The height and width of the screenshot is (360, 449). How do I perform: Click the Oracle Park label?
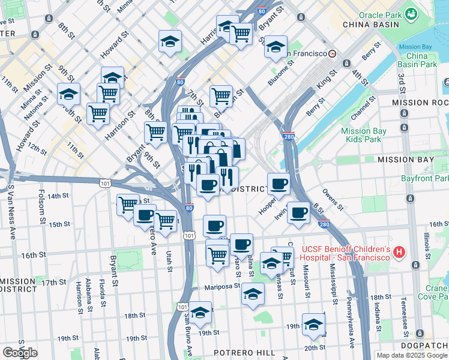[381, 14]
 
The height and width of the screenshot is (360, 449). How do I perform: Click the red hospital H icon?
[399, 253]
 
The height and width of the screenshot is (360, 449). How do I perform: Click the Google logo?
[20, 353]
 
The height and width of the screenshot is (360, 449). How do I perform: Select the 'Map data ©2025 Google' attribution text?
[412, 355]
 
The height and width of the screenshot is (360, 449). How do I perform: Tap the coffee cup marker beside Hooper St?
[278, 183]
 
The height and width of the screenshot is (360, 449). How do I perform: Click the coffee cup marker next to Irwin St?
[298, 212]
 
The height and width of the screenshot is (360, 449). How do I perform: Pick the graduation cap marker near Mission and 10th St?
[69, 94]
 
